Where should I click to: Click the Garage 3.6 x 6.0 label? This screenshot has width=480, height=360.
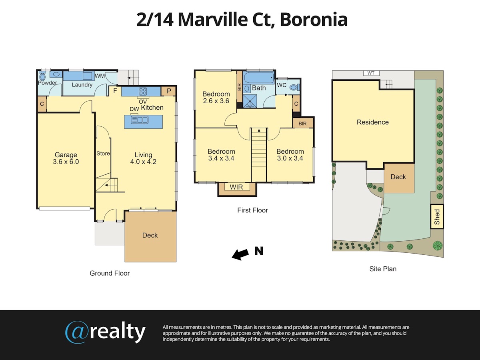coord(66,158)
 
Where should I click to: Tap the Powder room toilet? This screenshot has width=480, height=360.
coord(42,77)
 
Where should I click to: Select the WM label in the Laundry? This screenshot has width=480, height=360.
coord(100,76)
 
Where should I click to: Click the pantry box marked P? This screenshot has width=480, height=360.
coord(169,91)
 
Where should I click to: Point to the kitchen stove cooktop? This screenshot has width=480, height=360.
coord(143,91)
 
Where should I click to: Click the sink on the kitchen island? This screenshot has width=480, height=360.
coord(140,120)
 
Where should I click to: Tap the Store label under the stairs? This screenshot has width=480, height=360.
coord(103,154)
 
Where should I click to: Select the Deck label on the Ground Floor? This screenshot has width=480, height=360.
coord(150,235)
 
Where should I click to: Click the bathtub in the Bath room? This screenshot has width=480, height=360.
coord(259,77)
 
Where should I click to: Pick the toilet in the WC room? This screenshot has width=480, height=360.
coord(294,88)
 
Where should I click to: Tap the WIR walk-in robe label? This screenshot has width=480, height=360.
coord(236,187)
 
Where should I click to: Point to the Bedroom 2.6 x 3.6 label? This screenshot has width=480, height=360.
coord(216,98)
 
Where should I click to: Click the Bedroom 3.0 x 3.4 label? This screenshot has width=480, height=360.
coord(290,155)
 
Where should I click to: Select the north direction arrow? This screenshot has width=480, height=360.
coord(240,255)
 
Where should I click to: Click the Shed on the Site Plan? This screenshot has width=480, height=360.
coord(437,217)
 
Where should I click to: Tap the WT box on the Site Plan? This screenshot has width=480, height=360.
coord(371,73)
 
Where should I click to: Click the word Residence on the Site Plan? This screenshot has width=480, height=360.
coord(373,122)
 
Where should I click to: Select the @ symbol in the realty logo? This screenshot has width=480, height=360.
coord(77,332)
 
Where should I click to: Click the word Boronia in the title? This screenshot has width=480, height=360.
coord(314,20)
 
